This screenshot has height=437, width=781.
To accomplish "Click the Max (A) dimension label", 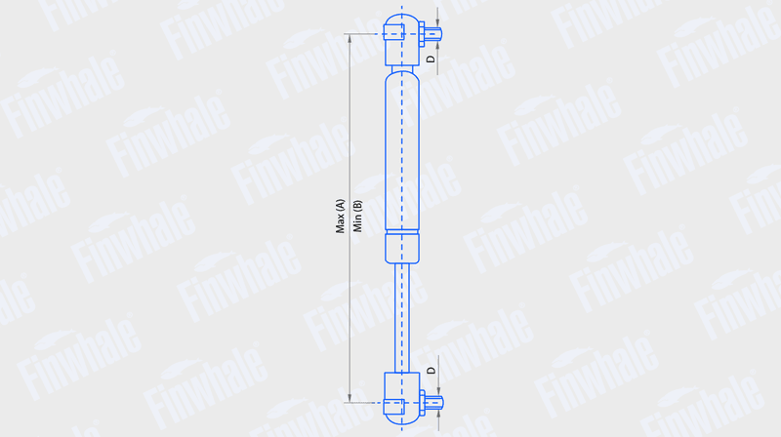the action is (340, 216).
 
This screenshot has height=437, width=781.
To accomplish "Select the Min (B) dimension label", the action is (357, 216).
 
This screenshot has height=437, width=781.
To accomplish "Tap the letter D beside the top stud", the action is (431, 59).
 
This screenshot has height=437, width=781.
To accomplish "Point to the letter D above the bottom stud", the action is (432, 371).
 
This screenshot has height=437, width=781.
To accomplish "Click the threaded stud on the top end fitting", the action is (433, 34).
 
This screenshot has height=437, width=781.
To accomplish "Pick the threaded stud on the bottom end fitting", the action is (433, 403).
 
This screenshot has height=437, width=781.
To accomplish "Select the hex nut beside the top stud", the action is (422, 34).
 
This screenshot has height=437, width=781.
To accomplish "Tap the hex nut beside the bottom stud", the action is (422, 403).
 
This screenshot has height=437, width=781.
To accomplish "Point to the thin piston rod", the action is (402, 318).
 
